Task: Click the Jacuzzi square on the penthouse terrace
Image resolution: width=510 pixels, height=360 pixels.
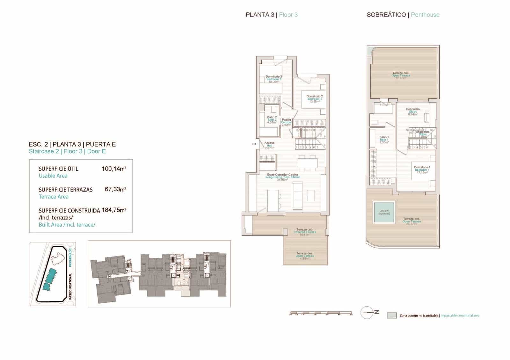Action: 384,212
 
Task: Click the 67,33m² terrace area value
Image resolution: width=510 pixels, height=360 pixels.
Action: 115,189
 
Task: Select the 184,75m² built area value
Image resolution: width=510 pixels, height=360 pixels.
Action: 114,210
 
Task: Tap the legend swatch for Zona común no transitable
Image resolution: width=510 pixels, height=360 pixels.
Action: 391,315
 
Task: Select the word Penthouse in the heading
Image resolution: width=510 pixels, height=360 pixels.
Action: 425,15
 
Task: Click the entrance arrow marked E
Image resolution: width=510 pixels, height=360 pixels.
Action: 254,144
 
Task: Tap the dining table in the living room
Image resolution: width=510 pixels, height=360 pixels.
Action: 307,162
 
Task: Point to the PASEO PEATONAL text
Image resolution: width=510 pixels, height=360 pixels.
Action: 70,286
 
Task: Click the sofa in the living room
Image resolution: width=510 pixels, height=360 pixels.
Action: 298,195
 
